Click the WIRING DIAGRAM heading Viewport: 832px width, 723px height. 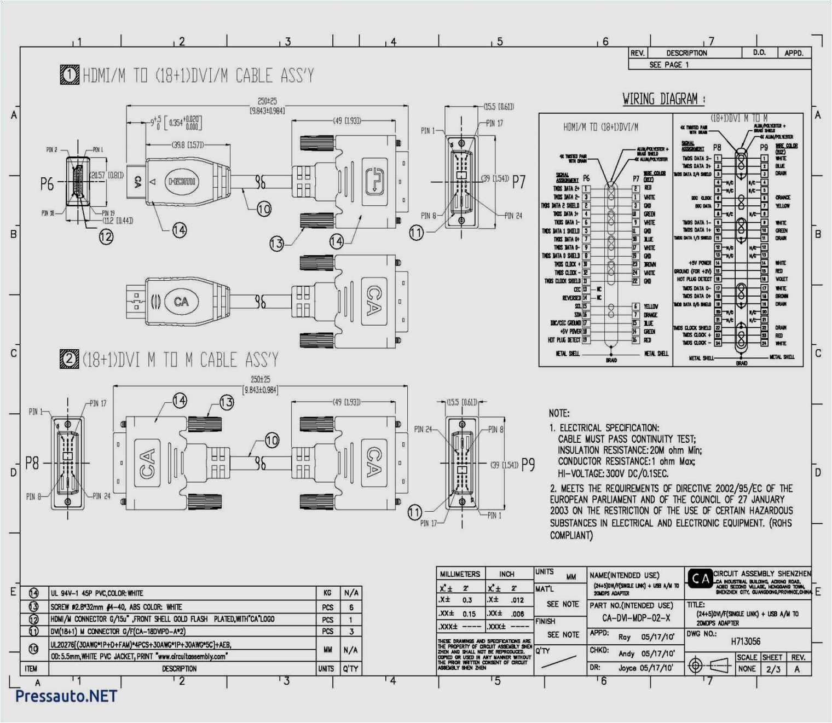pyautogui.click(x=663, y=99)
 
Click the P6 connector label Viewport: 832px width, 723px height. pyautogui.click(x=47, y=184)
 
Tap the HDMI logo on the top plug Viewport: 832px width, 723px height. pyautogui.click(x=182, y=181)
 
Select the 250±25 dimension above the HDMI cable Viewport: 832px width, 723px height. pyautogui.click(x=267, y=101)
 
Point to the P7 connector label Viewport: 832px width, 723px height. pyautogui.click(x=519, y=182)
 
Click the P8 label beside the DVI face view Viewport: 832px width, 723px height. pyautogui.click(x=32, y=463)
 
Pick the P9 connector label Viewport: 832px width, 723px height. pyautogui.click(x=528, y=465)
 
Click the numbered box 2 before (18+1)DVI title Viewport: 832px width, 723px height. pyautogui.click(x=70, y=359)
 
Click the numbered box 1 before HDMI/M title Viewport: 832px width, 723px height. pyautogui.click(x=70, y=74)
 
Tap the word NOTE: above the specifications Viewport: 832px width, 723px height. pyautogui.click(x=559, y=413)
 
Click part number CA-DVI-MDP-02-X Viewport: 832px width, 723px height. pyautogui.click(x=636, y=618)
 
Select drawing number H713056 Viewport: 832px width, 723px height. pyautogui.click(x=746, y=641)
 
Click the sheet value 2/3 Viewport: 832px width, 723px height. pyautogui.click(x=773, y=669)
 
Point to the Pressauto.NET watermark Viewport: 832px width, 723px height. pyautogui.click(x=66, y=696)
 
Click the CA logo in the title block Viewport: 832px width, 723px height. pyautogui.click(x=700, y=579)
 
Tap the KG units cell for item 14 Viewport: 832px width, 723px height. pyautogui.click(x=327, y=593)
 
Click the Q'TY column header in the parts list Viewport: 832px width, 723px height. pyautogui.click(x=350, y=669)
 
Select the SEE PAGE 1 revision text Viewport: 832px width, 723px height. pyautogui.click(x=669, y=65)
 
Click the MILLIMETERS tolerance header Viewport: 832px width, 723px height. pyautogui.click(x=460, y=574)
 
